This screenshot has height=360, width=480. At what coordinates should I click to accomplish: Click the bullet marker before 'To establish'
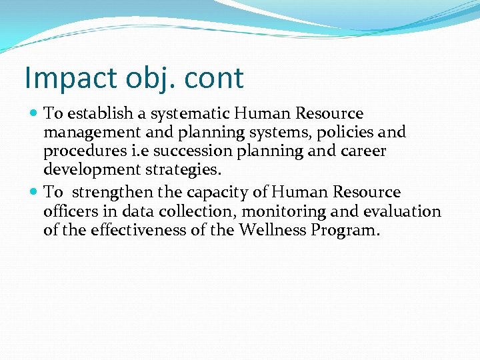pyautogui.click(x=35, y=115)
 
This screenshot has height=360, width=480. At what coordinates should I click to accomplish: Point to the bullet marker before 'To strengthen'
pyautogui.click(x=35, y=193)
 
